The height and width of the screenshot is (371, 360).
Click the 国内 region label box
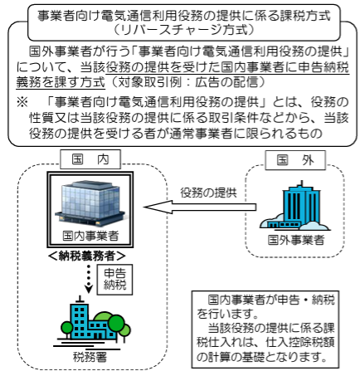(90, 159)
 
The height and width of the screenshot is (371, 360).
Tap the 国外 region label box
(295, 160)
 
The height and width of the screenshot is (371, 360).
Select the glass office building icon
(90, 202)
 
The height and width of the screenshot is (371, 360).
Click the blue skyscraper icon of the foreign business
(294, 206)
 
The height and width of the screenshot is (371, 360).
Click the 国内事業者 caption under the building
(90, 236)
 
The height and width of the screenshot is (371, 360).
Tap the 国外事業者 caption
(296, 240)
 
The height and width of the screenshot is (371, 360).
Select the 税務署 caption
(90, 357)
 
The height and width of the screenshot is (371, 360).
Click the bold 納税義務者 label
(86, 256)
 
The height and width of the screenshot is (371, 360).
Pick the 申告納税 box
(114, 280)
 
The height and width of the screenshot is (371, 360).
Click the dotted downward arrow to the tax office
(89, 279)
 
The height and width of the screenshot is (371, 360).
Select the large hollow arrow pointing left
(200, 207)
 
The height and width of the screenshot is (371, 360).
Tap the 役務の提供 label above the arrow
(209, 193)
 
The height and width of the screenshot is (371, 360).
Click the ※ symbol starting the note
(22, 102)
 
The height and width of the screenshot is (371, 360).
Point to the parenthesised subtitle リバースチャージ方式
(183, 30)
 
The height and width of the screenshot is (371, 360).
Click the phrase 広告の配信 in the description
(226, 82)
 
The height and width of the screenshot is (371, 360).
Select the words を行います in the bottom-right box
(227, 314)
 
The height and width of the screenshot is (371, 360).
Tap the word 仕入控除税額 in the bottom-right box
(299, 343)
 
